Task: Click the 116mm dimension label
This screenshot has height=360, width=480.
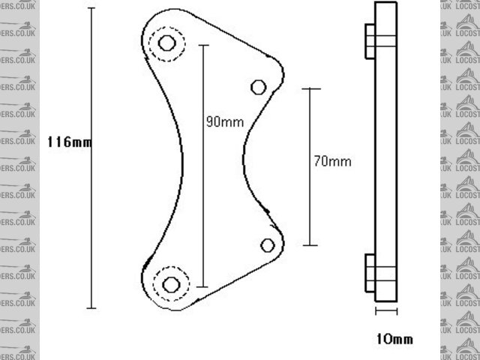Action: [x=69, y=142]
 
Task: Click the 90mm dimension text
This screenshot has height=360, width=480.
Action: [x=224, y=122]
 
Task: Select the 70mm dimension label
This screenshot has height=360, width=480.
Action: [x=332, y=160]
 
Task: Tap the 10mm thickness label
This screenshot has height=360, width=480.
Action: [x=394, y=339]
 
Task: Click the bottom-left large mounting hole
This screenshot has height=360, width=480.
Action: [x=171, y=284]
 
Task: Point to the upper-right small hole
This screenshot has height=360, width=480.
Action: [x=258, y=87]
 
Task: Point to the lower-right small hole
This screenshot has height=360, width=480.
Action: [x=268, y=244]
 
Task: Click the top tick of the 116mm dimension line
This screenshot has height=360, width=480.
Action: [x=91, y=8]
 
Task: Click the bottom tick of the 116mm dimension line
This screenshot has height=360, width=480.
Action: [x=91, y=307]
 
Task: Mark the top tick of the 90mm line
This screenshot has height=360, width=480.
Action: [x=202, y=45]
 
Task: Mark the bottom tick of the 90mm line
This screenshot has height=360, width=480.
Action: [x=202, y=286]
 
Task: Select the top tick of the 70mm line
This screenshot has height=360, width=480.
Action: [x=310, y=88]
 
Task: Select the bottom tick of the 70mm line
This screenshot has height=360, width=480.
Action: [x=310, y=245]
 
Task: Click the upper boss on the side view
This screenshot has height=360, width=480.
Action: [x=369, y=40]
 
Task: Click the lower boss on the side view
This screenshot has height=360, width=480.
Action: [x=369, y=273]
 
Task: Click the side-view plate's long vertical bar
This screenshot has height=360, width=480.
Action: [x=386, y=150]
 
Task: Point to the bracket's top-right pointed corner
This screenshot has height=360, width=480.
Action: [x=282, y=74]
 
